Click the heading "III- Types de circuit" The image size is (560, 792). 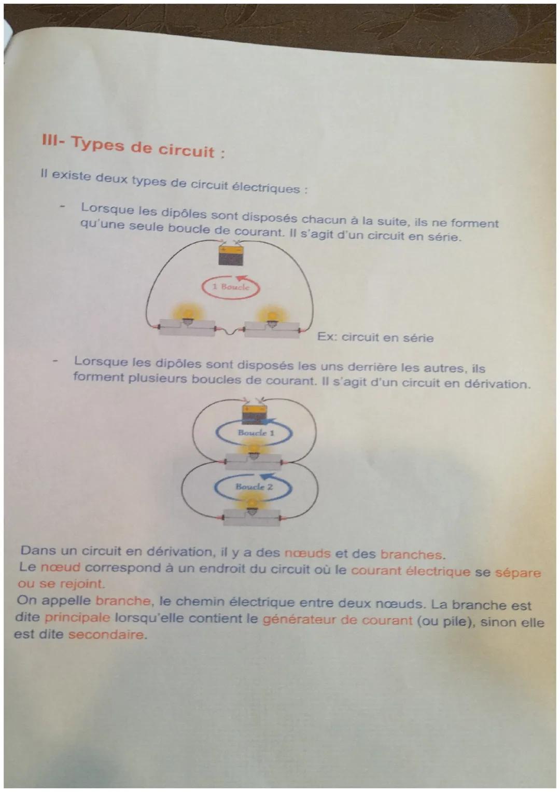(133, 147)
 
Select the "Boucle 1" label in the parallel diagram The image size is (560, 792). (253, 433)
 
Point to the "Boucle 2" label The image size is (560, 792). (254, 487)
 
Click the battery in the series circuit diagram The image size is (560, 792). (231, 255)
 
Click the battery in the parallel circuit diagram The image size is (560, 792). (254, 414)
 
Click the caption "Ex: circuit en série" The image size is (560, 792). (375, 338)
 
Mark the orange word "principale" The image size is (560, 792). (77, 618)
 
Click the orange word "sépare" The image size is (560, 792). (517, 573)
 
